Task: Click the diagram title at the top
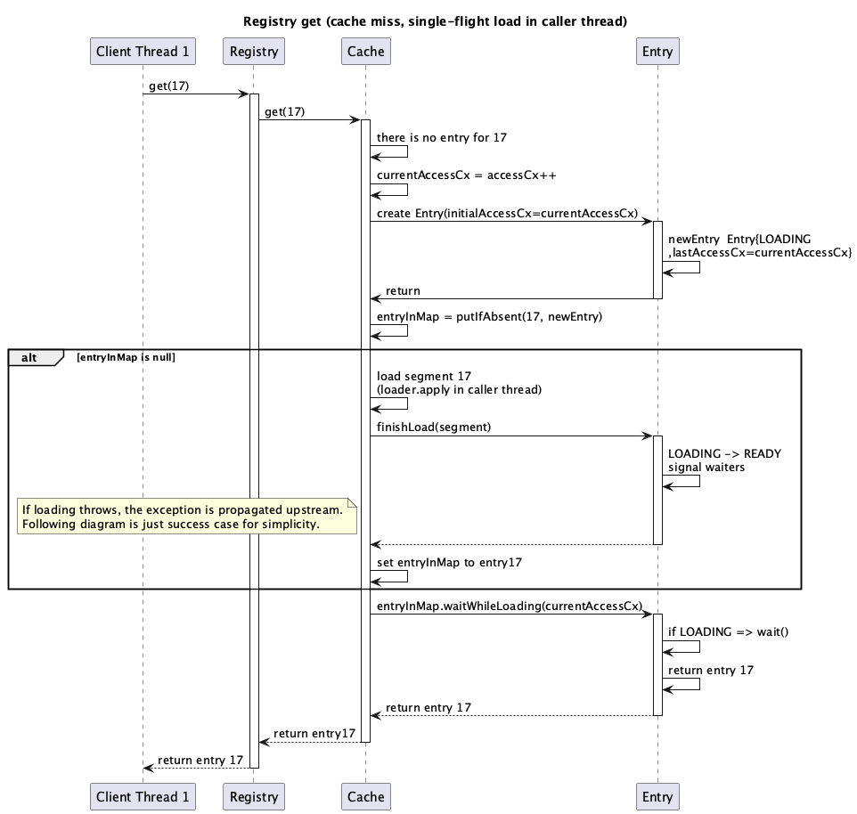pos(435,21)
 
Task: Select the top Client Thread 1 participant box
pos(143,52)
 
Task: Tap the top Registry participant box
pos(254,52)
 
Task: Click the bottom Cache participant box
pos(365,797)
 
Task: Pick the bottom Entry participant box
pos(657,797)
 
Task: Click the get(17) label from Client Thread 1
pos(168,85)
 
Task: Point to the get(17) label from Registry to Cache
pos(284,111)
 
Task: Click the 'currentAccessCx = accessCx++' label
pos(466,175)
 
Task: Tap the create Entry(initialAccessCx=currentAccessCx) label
pos(507,213)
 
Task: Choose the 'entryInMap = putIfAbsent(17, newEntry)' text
pos(489,317)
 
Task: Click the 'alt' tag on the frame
pos(30,357)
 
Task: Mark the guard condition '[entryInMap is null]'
pos(127,357)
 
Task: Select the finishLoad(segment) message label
pos(434,427)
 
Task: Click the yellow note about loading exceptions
pos(186,517)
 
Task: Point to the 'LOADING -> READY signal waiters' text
pos(723,460)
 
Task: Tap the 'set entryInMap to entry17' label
pos(449,562)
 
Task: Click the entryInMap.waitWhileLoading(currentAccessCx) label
pos(509,606)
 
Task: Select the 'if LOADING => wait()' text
pos(728,631)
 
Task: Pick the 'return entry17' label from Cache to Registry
pos(314,734)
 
